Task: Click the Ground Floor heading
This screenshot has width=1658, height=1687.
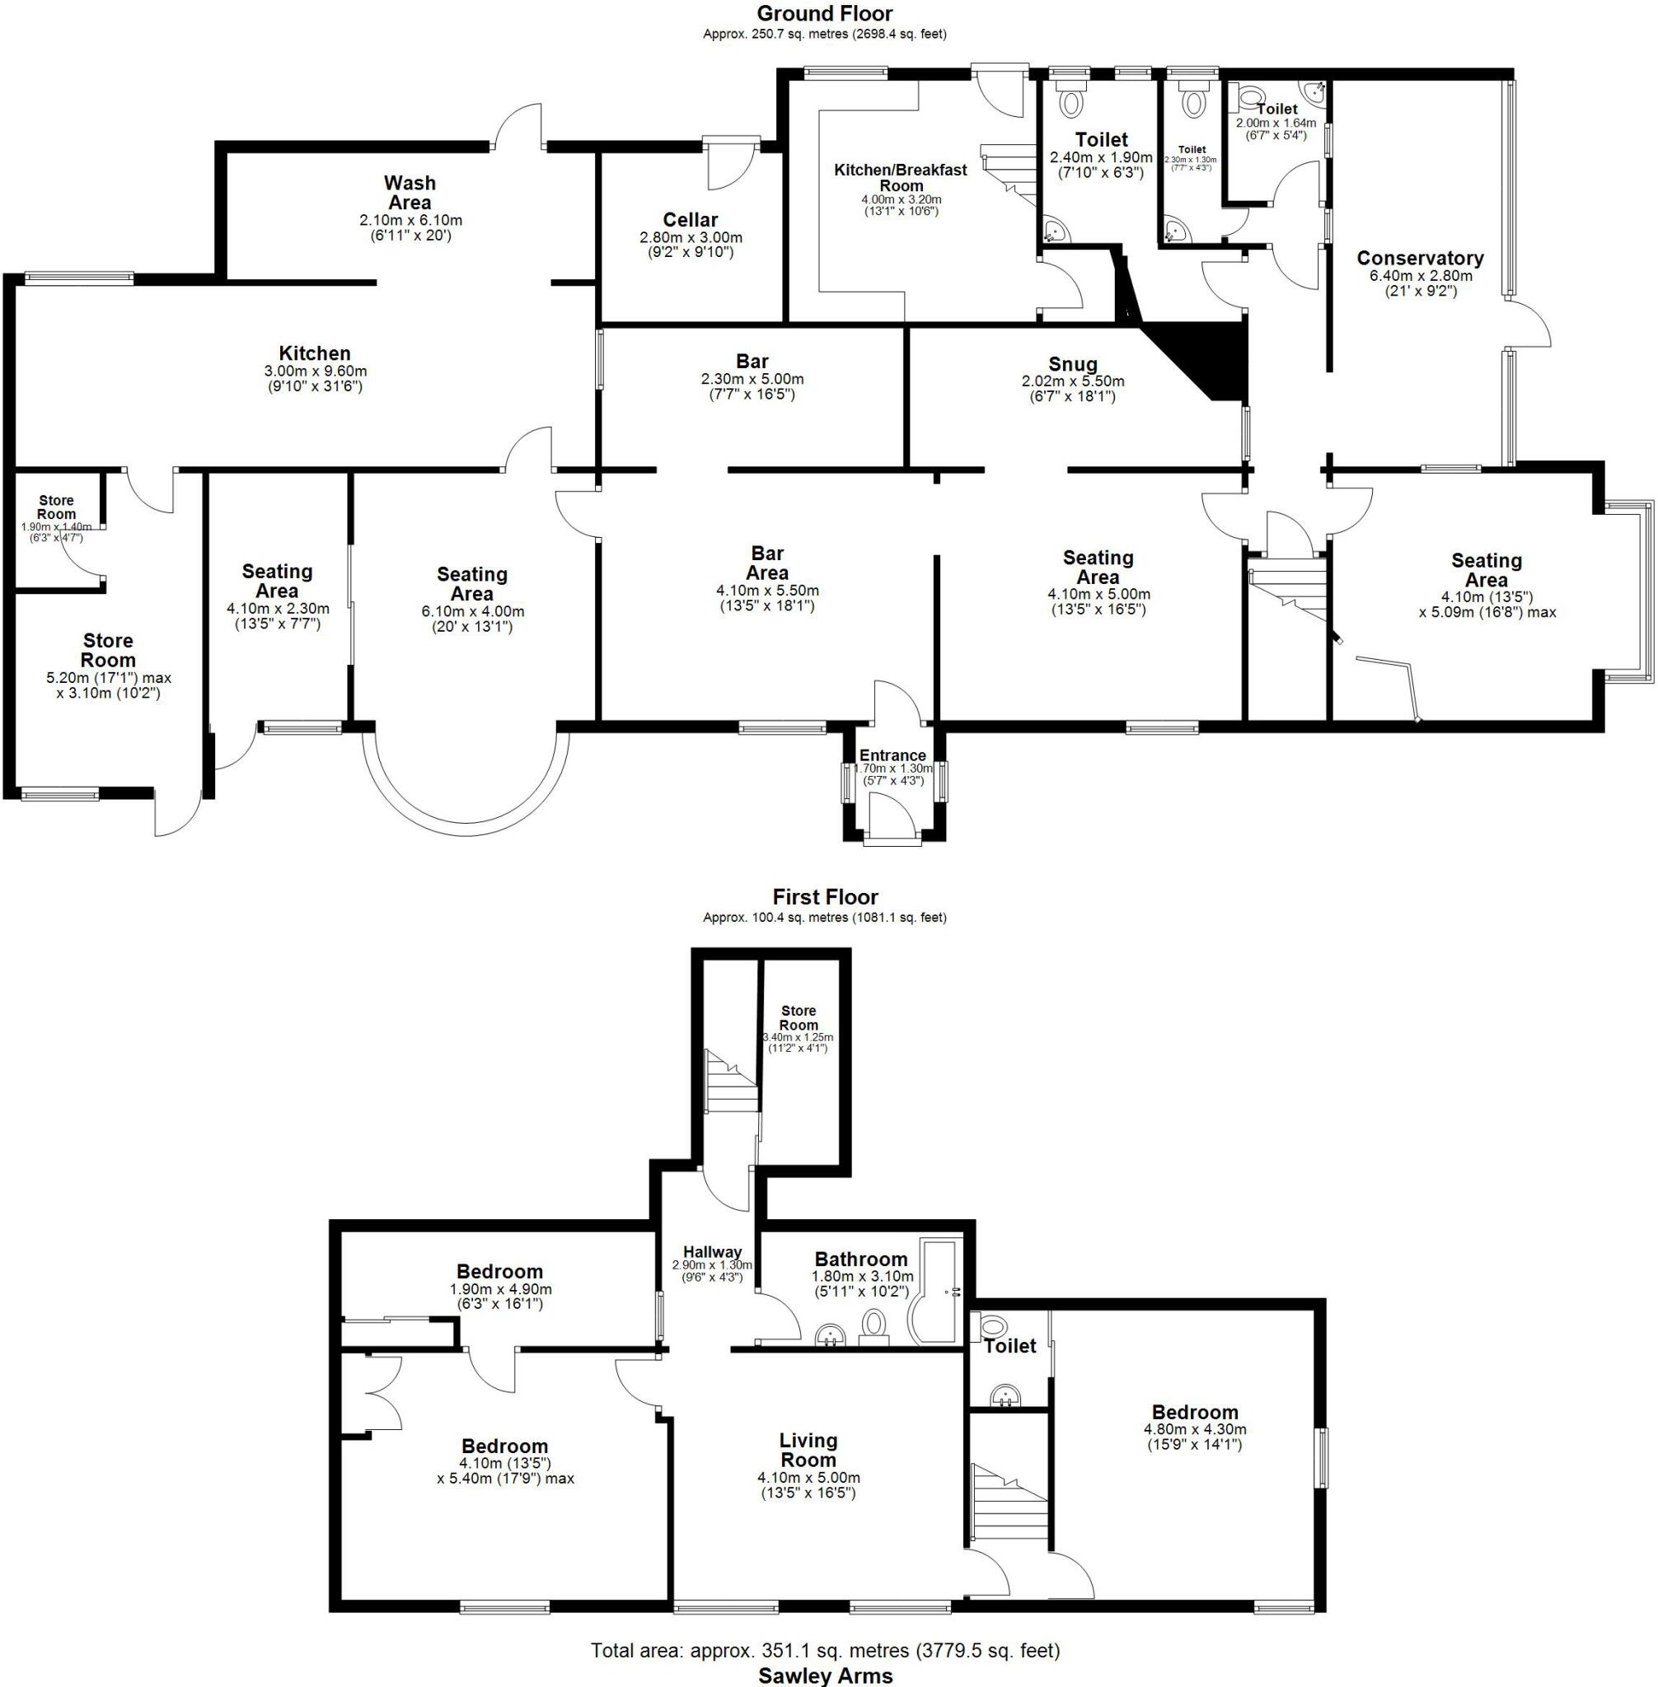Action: click(x=824, y=13)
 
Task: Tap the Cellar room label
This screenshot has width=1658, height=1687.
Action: click(x=690, y=220)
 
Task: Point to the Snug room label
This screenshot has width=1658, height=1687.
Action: click(x=1072, y=364)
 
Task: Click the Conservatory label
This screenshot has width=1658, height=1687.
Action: click(x=1419, y=259)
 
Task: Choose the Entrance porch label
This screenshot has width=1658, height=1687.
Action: click(x=892, y=755)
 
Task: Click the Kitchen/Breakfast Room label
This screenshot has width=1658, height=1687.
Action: click(x=901, y=178)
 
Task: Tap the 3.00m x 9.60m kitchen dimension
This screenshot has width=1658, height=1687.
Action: click(x=314, y=372)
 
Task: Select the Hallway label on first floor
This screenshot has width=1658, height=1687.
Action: click(x=712, y=1252)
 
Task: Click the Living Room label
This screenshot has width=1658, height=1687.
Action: click(x=808, y=1451)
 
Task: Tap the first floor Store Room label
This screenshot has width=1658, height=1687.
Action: click(x=798, y=1017)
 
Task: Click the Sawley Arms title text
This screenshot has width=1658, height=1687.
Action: click(x=825, y=1675)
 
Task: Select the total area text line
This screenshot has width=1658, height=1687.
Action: click(x=825, y=1650)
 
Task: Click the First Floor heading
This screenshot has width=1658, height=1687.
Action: click(x=825, y=896)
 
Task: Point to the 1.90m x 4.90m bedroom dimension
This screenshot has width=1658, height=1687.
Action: click(x=500, y=1289)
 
